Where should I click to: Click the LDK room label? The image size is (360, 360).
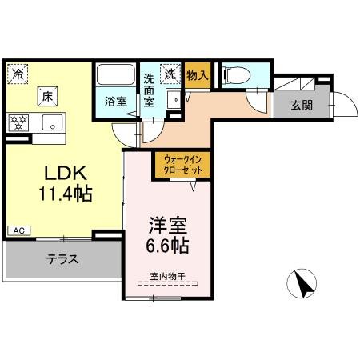tap(60, 173)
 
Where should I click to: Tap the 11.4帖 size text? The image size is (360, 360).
tap(61, 193)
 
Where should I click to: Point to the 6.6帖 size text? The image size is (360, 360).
tap(168, 245)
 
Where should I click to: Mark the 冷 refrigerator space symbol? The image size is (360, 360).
tap(18, 74)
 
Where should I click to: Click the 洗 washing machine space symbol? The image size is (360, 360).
tap(170, 74)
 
